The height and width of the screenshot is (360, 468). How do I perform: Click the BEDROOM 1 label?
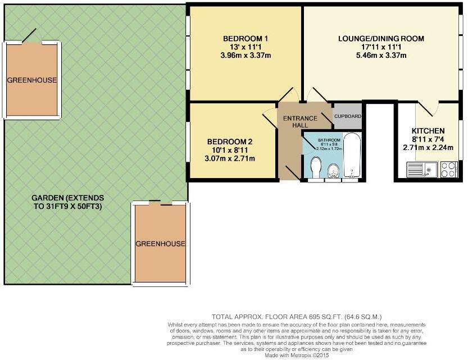tap(246, 38)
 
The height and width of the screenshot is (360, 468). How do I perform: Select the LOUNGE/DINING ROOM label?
tap(380, 39)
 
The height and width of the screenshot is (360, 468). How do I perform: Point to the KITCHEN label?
tap(428, 130)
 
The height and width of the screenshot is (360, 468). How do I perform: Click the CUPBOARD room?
tap(348, 116)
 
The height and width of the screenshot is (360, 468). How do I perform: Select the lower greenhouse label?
tap(160, 244)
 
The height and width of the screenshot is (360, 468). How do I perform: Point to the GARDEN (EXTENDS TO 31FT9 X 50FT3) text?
tap(67, 202)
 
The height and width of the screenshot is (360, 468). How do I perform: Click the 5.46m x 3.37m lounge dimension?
tap(380, 56)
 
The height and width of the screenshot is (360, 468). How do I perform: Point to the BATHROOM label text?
tap(329, 140)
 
